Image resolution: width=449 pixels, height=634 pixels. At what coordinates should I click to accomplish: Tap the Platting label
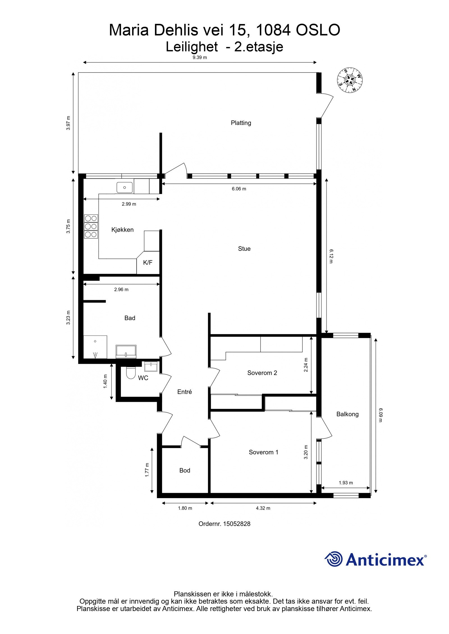pos(241,123)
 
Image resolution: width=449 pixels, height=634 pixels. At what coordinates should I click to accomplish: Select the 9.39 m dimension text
pos(200,57)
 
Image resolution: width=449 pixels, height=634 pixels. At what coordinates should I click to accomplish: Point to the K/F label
pos(148,263)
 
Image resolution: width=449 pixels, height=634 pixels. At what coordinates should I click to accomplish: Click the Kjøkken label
pos(122,230)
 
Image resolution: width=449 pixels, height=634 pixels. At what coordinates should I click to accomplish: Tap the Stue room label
pos(244,249)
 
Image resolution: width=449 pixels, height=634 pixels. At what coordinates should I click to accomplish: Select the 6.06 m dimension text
pos(239,189)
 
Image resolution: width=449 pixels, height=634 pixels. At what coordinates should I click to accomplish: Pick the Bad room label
pos(130,318)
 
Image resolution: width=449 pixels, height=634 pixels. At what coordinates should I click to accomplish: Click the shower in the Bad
pos(95,347)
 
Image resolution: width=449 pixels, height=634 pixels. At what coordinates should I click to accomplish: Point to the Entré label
pos(184,392)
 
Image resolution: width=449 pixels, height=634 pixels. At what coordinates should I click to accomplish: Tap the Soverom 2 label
pos(262,373)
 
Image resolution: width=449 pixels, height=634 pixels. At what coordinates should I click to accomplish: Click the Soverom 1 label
pos(264,452)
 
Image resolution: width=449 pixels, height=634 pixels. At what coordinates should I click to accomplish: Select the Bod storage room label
pos(185,470)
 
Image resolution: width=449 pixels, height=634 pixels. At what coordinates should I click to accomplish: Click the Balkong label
pos(347,414)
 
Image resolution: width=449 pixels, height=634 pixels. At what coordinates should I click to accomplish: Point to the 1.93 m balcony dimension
pos(346,482)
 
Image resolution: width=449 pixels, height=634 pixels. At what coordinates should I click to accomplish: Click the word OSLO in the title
pos(318,30)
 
